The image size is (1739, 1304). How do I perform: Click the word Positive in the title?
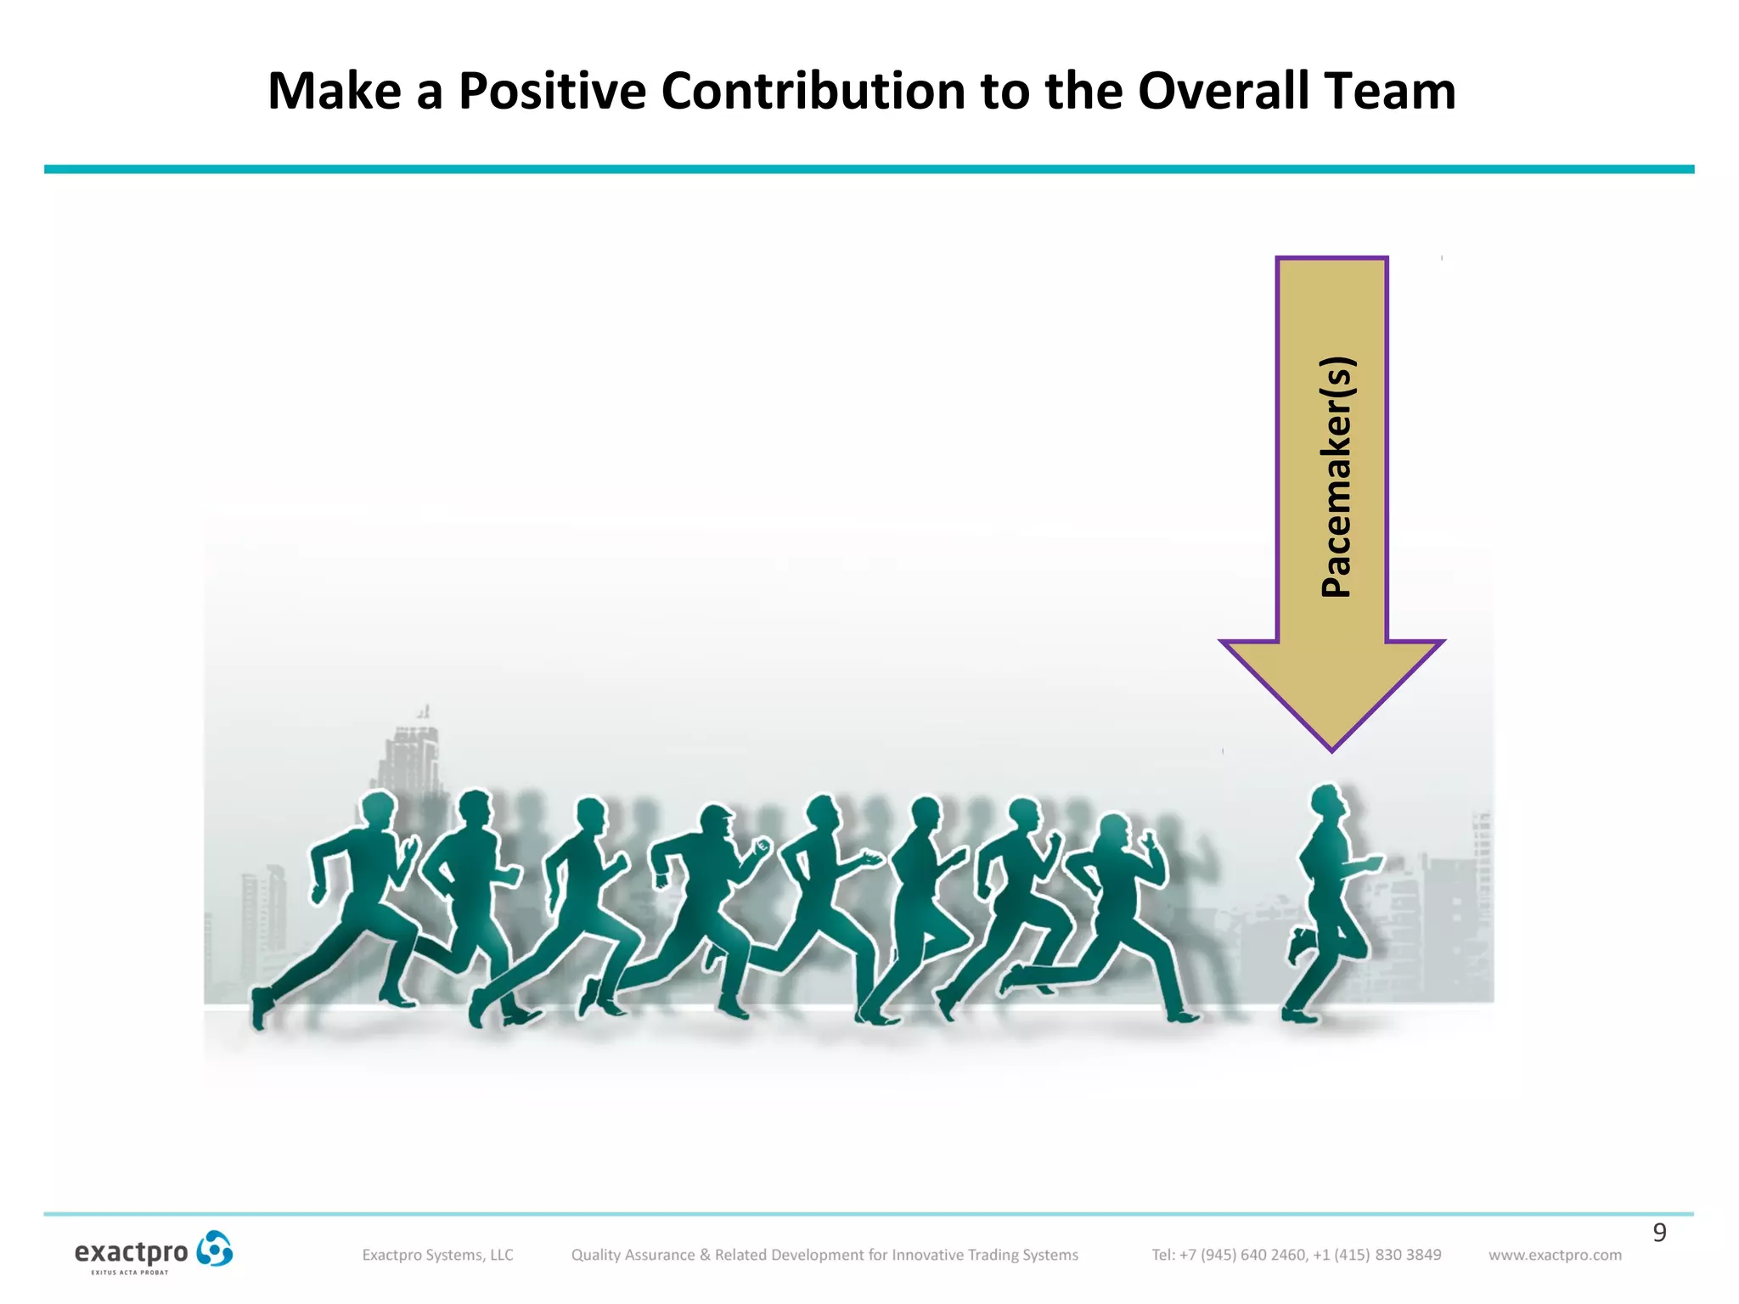[552, 91]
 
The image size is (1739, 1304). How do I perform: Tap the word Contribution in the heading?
[813, 91]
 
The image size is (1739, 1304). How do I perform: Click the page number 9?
[1659, 1232]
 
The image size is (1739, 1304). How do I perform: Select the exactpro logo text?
[132, 1253]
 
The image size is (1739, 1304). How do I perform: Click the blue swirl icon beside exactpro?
[214, 1249]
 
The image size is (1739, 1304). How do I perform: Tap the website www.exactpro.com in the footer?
[1555, 1255]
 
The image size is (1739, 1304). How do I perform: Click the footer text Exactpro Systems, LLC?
[437, 1255]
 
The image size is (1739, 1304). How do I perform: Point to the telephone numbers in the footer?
[1296, 1255]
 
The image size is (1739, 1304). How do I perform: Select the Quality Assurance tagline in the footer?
[824, 1255]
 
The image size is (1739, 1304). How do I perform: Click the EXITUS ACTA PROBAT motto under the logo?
[130, 1273]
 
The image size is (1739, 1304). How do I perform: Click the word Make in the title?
[335, 91]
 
